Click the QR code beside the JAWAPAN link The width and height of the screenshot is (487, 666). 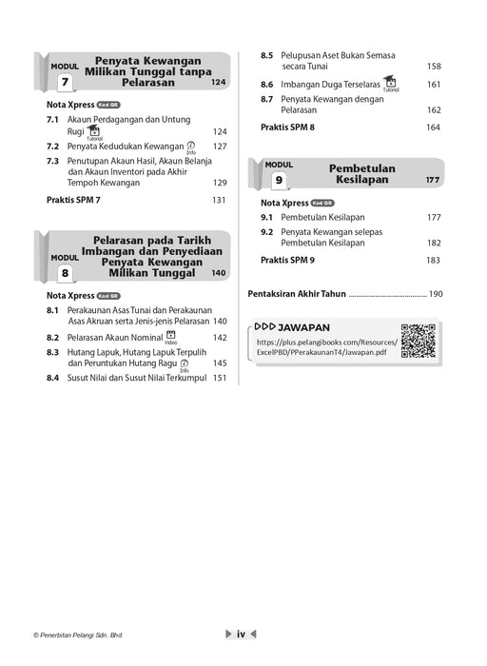pyautogui.click(x=418, y=341)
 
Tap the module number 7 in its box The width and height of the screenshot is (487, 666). pyautogui.click(x=65, y=83)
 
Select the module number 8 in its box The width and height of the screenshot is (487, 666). pyautogui.click(x=65, y=274)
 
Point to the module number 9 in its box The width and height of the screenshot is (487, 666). pyautogui.click(x=279, y=180)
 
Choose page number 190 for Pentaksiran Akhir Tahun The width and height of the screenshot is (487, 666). pyautogui.click(x=436, y=294)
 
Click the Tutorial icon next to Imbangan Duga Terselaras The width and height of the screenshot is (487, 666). pyautogui.click(x=390, y=83)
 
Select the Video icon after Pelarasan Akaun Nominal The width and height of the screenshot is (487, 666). pyautogui.click(x=170, y=336)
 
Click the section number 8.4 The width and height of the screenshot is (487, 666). pyautogui.click(x=53, y=378)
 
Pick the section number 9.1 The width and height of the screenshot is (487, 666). pyautogui.click(x=267, y=217)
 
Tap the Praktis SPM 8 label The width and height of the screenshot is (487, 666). pyautogui.click(x=287, y=127)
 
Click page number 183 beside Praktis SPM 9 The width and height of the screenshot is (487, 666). pyautogui.click(x=433, y=259)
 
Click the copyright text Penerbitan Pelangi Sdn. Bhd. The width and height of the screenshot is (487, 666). pyautogui.click(x=77, y=635)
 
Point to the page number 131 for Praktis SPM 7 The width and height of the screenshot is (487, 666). pyautogui.click(x=219, y=200)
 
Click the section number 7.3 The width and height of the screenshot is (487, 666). pyautogui.click(x=53, y=161)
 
